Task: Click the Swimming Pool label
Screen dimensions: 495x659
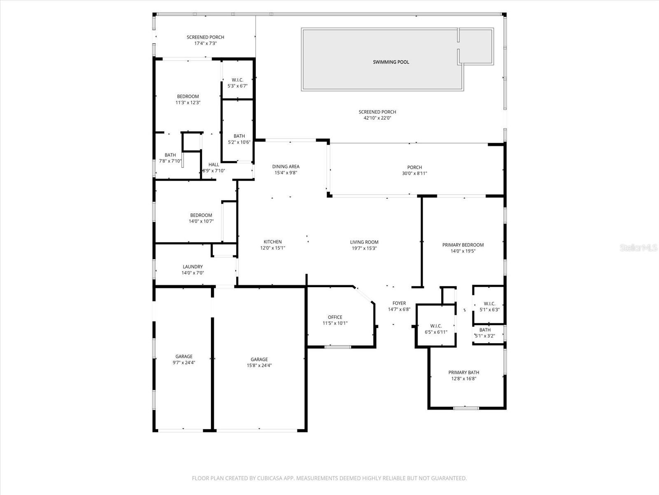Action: point(391,62)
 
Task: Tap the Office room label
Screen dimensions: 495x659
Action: point(335,317)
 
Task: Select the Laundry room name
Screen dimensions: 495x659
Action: point(192,267)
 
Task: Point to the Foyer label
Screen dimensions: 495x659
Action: point(399,303)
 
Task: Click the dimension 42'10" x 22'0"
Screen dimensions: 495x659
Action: point(377,118)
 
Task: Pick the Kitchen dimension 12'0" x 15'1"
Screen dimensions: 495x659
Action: point(272,248)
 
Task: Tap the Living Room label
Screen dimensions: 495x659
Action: point(364,242)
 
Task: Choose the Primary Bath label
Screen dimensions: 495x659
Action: point(463,372)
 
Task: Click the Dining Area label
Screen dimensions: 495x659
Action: point(285,167)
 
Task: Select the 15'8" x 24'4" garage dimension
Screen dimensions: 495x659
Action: point(259,365)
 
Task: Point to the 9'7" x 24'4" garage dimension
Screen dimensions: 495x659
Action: point(184,363)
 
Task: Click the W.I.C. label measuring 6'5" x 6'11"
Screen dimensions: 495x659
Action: point(436,326)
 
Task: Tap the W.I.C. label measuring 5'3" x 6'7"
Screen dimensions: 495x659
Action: point(237,80)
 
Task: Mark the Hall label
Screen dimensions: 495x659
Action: point(214,165)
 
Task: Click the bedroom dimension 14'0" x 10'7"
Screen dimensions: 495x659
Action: point(201,221)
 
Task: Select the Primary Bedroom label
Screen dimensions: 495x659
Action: point(463,245)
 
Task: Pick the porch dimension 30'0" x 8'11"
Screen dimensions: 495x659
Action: point(414,173)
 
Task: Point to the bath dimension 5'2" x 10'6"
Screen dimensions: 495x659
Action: point(239,142)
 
